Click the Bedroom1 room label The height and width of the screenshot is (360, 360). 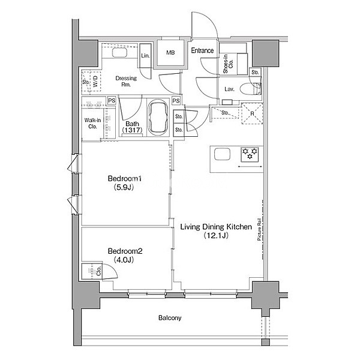[x=125, y=178]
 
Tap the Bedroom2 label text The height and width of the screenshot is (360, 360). [x=125, y=251]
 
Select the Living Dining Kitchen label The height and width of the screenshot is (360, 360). [x=216, y=227]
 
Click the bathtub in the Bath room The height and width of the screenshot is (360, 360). [x=158, y=118]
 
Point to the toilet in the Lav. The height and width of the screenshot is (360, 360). [x=250, y=88]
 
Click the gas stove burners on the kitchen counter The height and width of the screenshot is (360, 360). [x=250, y=154]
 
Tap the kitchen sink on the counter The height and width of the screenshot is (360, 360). [x=222, y=154]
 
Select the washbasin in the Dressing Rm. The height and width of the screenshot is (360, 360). [x=119, y=53]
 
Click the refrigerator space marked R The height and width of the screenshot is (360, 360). [x=252, y=113]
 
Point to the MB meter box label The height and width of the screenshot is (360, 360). [x=170, y=53]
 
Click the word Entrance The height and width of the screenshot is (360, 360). [x=202, y=50]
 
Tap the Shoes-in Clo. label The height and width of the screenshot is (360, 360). [x=228, y=64]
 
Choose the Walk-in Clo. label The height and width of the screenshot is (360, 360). [x=92, y=123]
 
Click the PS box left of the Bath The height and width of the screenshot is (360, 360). [x=112, y=101]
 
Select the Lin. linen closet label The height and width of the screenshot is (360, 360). [x=145, y=56]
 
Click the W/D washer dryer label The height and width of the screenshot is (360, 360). [x=95, y=81]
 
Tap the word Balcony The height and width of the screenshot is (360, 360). [x=170, y=318]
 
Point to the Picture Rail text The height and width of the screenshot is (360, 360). [x=259, y=229]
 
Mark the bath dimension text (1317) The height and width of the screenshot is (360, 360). [x=132, y=130]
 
